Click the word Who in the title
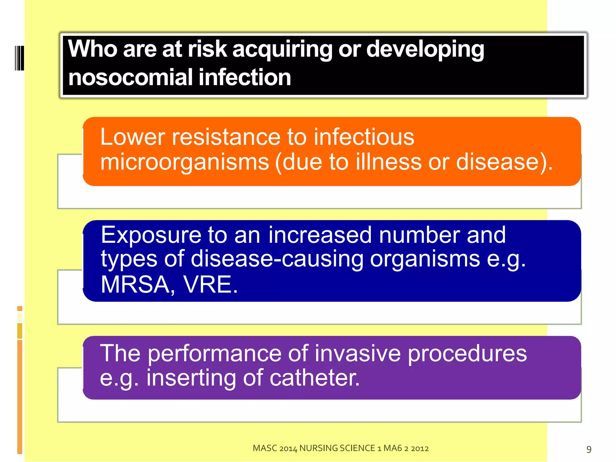(92, 49)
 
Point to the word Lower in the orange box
(132, 137)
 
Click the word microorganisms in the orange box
(184, 162)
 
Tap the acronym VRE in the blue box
(210, 285)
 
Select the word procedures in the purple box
(467, 354)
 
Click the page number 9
(589, 449)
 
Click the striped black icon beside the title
(19, 58)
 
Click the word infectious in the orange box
(364, 137)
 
